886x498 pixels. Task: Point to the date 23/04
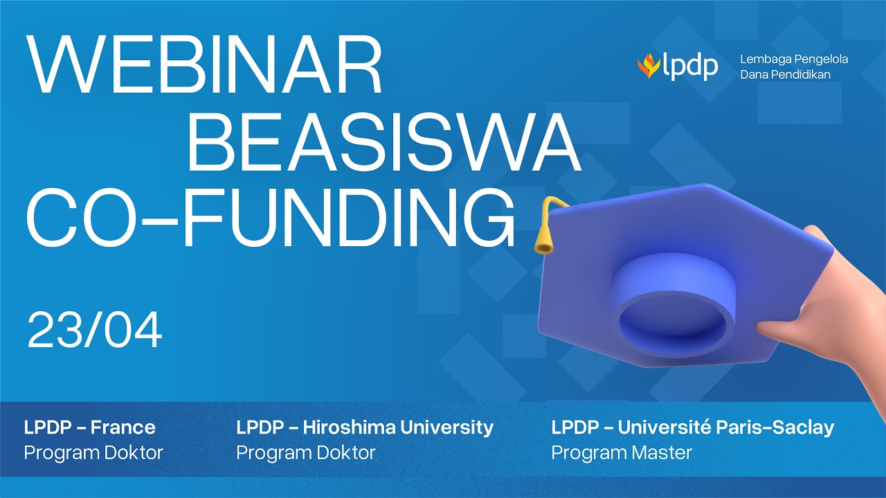95,330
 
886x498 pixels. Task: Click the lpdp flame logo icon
649,66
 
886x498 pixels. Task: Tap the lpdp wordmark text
690,67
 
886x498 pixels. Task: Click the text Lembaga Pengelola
794,59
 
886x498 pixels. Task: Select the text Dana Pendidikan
785,75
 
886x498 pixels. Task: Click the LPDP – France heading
90,427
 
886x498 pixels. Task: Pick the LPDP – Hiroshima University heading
365,427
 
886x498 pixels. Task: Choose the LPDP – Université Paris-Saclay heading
692,427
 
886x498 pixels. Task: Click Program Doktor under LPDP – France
93,453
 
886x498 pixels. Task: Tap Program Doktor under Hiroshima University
306,453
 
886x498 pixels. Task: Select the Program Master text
622,453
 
